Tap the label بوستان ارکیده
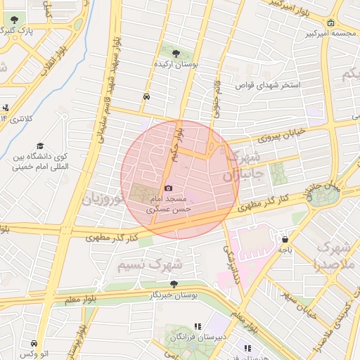(177, 64)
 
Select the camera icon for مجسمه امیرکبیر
(310, 32)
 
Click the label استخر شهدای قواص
(272, 85)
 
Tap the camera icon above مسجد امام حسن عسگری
(168, 188)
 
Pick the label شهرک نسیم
(149, 264)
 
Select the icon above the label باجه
(284, 238)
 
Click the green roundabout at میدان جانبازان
(323, 195)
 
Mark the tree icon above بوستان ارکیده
(176, 53)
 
